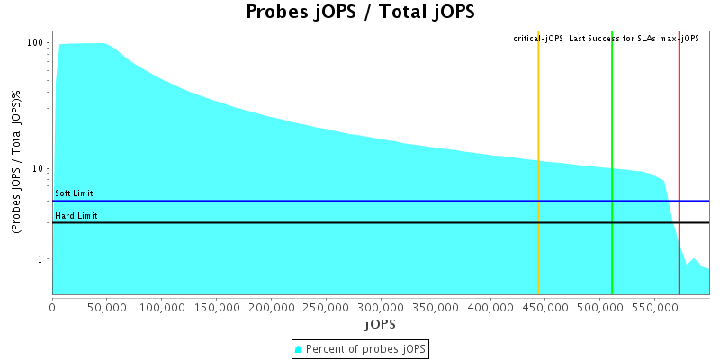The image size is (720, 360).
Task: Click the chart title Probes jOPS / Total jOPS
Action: [360, 13]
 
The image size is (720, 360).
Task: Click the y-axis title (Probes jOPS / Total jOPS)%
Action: [17, 167]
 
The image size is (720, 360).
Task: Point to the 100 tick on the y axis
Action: [36, 43]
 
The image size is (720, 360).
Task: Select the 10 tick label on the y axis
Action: [39, 169]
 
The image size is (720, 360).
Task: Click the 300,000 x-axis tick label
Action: [381, 307]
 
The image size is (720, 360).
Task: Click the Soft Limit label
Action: [74, 193]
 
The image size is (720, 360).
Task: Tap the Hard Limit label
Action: [76, 216]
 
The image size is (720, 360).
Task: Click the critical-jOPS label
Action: [538, 39]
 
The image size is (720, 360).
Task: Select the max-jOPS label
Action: [679, 39]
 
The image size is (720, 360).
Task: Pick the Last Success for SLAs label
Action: [612, 39]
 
